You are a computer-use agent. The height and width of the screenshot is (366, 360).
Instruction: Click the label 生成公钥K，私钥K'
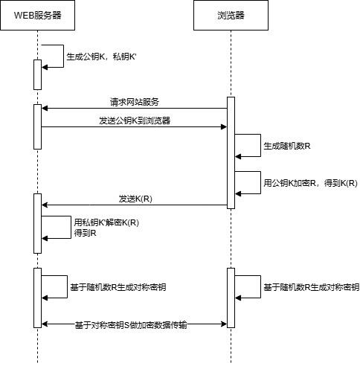coord(101,57)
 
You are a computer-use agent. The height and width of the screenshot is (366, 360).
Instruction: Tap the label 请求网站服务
coord(134,102)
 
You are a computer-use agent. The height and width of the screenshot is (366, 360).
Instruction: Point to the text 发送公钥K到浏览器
coord(135,121)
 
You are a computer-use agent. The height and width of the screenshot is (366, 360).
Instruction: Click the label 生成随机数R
coord(287,146)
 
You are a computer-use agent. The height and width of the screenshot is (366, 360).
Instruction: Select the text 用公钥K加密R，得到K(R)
coord(310,183)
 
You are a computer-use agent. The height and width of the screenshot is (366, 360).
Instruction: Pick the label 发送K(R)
coord(135,199)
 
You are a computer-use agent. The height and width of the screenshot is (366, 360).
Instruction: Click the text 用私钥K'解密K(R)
coord(106,222)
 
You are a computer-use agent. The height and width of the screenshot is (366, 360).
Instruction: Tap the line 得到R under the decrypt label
coord(85,233)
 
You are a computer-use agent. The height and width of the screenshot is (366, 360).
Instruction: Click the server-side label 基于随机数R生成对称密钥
coord(118,287)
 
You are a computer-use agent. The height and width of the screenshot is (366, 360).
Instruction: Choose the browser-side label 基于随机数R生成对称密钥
coord(312,287)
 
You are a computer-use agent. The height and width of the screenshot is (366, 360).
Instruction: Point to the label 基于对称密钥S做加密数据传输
coord(131,324)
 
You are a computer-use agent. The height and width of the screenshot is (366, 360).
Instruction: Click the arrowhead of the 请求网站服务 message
coord(45,109)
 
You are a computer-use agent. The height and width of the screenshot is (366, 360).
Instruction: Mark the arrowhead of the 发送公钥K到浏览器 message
coord(224,127)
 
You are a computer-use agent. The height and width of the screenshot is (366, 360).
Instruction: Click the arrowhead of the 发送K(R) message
coord(45,205)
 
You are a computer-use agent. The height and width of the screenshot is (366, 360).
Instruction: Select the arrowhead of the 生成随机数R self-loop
coord(238,157)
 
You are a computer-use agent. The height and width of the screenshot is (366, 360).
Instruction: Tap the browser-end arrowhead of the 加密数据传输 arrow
coord(224,324)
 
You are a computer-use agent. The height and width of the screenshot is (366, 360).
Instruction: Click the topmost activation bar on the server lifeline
coord(37,74)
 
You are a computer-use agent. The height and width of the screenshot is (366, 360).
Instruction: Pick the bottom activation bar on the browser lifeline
coord(231,298)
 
